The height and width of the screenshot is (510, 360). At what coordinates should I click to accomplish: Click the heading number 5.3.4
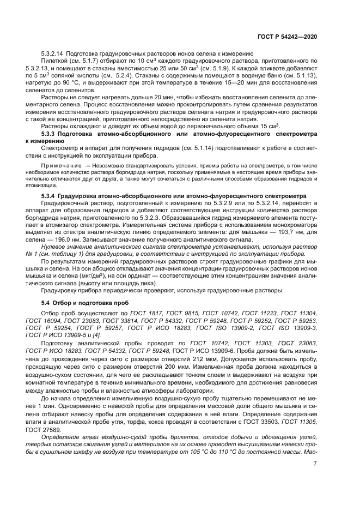51,195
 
